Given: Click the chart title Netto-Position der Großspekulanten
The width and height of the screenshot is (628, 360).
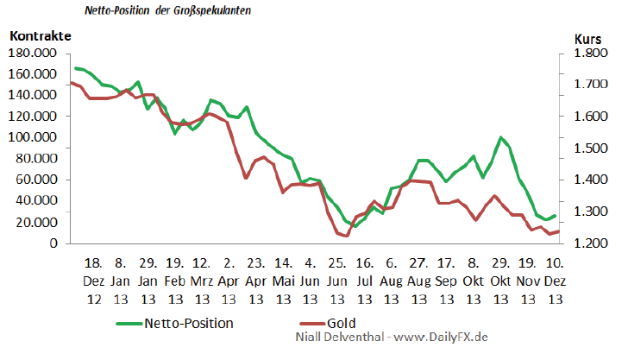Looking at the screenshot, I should [x=168, y=13].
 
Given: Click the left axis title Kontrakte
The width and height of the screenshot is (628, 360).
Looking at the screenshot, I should [x=41, y=36].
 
